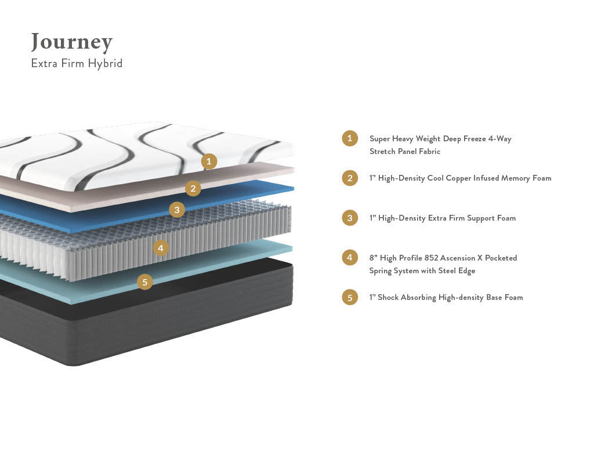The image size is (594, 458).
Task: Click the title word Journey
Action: (x=71, y=42)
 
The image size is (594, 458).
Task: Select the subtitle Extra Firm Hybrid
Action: (x=77, y=64)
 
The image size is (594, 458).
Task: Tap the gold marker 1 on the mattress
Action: (x=209, y=162)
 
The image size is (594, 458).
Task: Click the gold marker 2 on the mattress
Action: (x=193, y=188)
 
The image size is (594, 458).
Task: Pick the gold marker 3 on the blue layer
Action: (x=177, y=210)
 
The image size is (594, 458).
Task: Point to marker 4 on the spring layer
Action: (x=161, y=248)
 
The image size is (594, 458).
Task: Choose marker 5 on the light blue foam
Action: (x=144, y=282)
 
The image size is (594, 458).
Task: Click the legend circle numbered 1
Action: (x=350, y=138)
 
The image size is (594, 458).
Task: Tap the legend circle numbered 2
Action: (x=350, y=178)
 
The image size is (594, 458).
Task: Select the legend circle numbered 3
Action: (x=350, y=218)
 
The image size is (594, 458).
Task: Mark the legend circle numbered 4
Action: (x=350, y=257)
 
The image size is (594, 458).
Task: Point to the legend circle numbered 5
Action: (x=350, y=297)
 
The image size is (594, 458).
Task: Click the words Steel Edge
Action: (x=454, y=271)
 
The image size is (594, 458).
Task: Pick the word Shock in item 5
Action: (x=389, y=298)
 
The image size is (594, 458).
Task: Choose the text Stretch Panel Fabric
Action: (x=405, y=152)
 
